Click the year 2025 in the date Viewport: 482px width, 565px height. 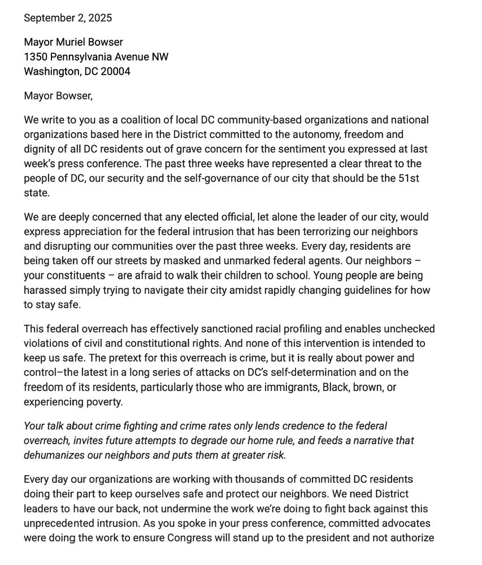coord(100,18)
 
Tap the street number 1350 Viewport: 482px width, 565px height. coord(36,57)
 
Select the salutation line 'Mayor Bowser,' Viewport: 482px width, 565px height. coord(58,96)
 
